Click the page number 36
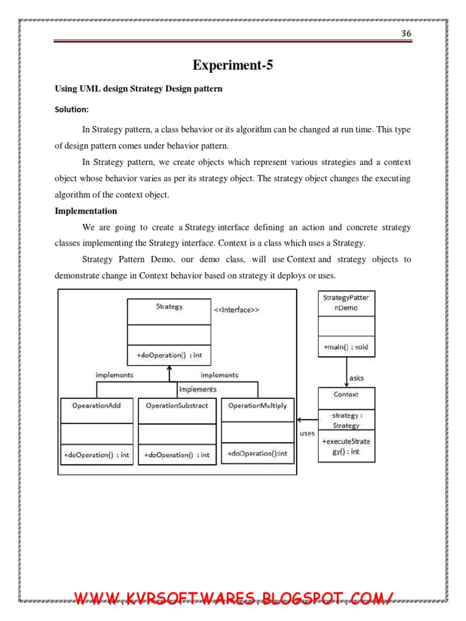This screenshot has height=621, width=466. (x=407, y=33)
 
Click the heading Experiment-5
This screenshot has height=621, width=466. (x=232, y=65)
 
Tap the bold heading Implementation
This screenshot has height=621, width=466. (x=86, y=211)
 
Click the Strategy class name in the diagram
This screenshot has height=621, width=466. (x=169, y=307)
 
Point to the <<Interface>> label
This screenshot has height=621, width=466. (x=237, y=310)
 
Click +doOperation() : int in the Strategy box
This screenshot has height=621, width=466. (x=169, y=355)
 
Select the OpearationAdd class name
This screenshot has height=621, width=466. (x=97, y=405)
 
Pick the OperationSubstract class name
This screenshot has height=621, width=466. (x=177, y=405)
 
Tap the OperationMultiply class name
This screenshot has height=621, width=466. (x=257, y=405)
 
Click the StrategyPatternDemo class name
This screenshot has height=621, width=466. (x=346, y=303)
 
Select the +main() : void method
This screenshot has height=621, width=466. (x=346, y=347)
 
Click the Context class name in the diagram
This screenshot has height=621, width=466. (x=346, y=394)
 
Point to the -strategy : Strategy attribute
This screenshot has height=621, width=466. (x=346, y=420)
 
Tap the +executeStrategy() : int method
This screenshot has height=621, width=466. (x=346, y=446)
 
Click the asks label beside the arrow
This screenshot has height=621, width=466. (x=357, y=378)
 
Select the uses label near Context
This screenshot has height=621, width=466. (x=307, y=434)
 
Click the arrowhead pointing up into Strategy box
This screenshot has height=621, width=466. (x=169, y=368)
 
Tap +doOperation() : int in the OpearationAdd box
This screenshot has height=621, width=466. (x=97, y=455)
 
